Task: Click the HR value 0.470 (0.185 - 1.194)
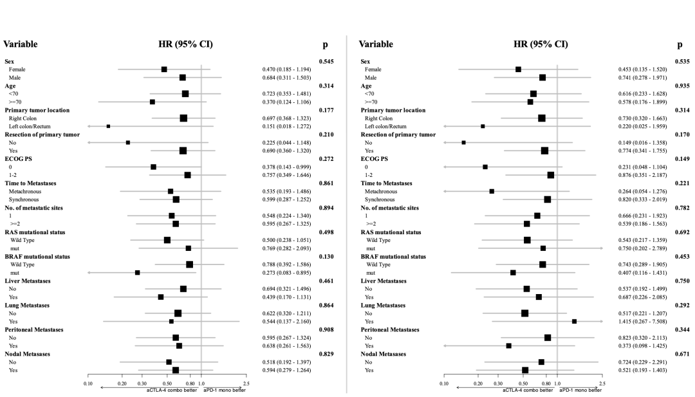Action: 286,69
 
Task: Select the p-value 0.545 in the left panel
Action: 326,62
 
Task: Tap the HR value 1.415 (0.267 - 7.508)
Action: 642,322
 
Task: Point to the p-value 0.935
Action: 682,86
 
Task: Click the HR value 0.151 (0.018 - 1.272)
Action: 286,126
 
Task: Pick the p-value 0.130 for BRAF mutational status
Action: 326,257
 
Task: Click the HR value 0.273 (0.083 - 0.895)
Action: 286,273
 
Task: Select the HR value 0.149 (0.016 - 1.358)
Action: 642,143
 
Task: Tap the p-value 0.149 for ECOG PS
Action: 682,159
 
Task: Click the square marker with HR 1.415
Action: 574,321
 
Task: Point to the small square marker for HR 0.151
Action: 108,126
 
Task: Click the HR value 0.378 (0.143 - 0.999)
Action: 286,167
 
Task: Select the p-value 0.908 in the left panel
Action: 326,329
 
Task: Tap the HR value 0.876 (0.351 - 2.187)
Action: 642,175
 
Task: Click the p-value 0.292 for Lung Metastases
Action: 682,305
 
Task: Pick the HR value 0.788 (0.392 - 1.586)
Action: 286,264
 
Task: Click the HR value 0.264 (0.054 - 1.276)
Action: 642,191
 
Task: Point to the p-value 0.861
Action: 326,183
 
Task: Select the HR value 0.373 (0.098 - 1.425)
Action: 642,346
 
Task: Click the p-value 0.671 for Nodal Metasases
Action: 682,354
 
